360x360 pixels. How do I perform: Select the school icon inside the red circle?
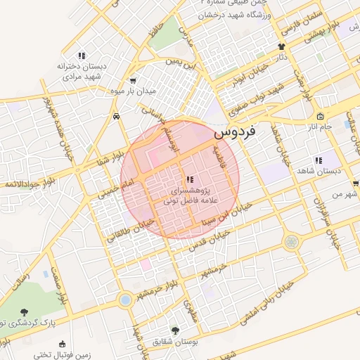coord(190,180)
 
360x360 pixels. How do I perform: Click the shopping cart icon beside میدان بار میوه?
coord(134,80)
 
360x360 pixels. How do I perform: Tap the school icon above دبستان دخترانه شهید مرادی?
coord(82,56)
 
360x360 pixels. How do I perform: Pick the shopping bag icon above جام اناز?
coord(321,116)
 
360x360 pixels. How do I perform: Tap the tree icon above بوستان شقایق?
coord(175,330)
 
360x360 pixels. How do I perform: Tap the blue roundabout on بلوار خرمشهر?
coord(125,300)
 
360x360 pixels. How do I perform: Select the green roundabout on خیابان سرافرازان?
coord(291,242)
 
